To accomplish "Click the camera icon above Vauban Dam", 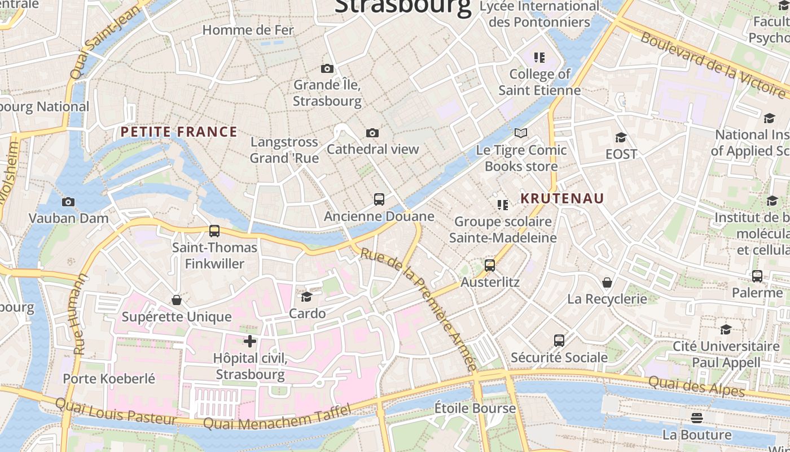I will pos(68,202).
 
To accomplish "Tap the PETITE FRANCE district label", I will pos(179,132).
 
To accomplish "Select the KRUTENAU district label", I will pos(562,198).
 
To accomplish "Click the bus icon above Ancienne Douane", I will pos(379,199).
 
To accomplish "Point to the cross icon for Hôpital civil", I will pos(250,341).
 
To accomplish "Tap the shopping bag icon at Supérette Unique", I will pos(177,299).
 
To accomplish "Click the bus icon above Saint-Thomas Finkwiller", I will pos(214,231).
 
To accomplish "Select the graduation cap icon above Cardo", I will pos(307,297).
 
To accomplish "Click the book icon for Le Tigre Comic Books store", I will pos(521,133).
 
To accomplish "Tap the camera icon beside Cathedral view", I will pos(372,133).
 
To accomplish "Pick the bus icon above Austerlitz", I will pos(490,265).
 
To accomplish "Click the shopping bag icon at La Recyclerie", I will pos(607,282).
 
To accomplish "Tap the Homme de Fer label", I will pos(248,30).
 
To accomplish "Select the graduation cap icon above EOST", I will pos(621,137).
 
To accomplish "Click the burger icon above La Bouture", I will pos(697,418).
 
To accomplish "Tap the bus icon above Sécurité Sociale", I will pos(559,340).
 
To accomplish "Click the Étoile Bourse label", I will pos(475,408).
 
